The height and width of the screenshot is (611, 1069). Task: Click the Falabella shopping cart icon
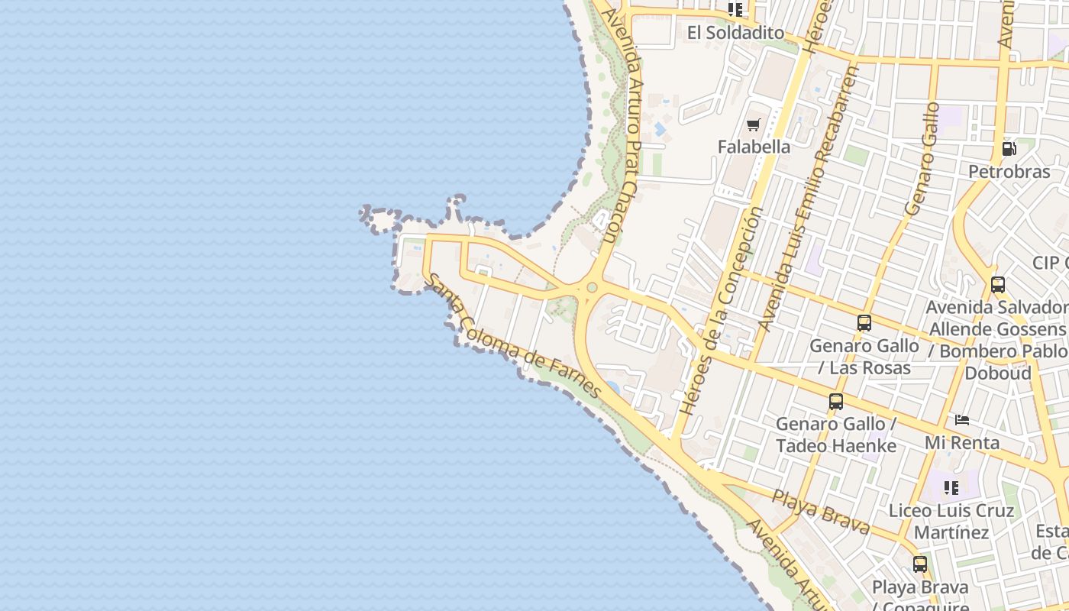tap(754, 124)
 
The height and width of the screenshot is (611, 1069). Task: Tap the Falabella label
tap(754, 146)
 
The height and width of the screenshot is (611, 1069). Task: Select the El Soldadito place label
tap(735, 32)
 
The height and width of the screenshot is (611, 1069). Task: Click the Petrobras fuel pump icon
tap(1009, 149)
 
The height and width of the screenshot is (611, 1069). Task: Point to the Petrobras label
tap(1009, 171)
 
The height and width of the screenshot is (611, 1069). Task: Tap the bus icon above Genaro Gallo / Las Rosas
tap(864, 323)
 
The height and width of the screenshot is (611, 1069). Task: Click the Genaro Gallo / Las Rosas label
tap(864, 357)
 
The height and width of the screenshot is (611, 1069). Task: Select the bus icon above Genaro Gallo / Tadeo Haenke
tap(836, 402)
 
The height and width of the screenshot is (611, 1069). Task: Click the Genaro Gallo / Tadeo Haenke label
tap(836, 435)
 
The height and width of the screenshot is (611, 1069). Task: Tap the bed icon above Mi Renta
tap(962, 420)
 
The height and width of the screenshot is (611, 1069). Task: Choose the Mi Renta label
tap(962, 442)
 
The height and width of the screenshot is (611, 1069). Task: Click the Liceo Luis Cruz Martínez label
tap(951, 521)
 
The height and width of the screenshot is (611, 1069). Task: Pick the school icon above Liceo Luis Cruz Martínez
tap(951, 487)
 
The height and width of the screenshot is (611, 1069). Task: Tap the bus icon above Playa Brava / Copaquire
tap(920, 564)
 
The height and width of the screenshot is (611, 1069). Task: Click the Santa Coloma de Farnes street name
tap(514, 336)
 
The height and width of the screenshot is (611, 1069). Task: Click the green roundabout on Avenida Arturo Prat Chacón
tap(592, 288)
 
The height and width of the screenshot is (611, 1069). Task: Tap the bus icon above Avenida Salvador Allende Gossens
tap(997, 285)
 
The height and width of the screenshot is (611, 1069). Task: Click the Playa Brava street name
tap(821, 512)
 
